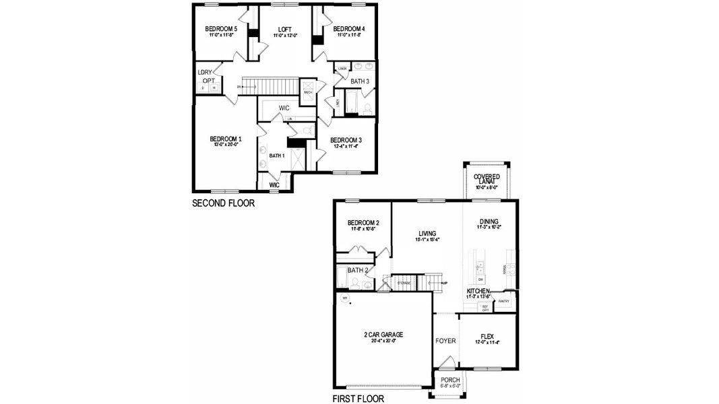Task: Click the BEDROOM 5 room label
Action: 221,29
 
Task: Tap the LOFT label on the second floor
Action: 284,29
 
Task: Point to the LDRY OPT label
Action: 206,76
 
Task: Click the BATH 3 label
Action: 360,81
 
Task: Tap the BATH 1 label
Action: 277,156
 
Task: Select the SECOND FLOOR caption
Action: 223,203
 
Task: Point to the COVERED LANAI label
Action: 487,180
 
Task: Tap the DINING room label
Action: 489,221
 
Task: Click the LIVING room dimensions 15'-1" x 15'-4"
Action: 427,239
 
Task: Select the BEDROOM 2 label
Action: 363,223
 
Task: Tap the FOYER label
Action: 445,341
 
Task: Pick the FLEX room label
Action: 488,335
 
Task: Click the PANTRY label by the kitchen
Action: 503,302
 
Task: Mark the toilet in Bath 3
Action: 368,108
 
